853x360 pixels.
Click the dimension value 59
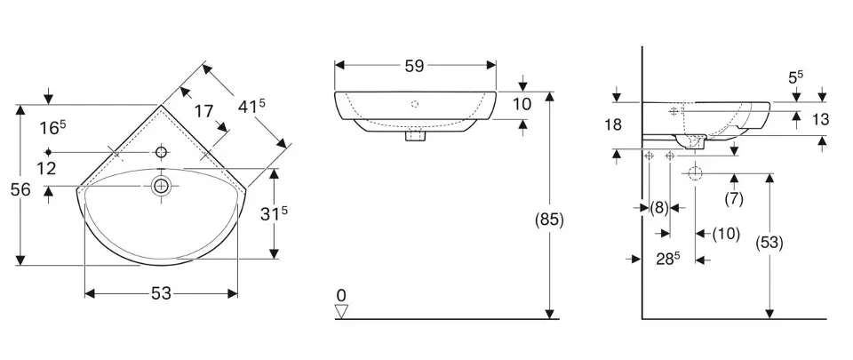click(415, 66)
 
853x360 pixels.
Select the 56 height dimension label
click(20, 190)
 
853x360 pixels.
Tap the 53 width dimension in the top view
click(161, 293)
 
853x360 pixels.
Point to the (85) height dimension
click(549, 220)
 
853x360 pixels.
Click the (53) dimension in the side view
click(769, 243)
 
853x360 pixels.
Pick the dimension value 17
click(204, 111)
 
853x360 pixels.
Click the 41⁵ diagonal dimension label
click(251, 107)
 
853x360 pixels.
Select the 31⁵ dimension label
click(274, 213)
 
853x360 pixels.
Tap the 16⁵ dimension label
click(52, 128)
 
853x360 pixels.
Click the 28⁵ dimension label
click(668, 260)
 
